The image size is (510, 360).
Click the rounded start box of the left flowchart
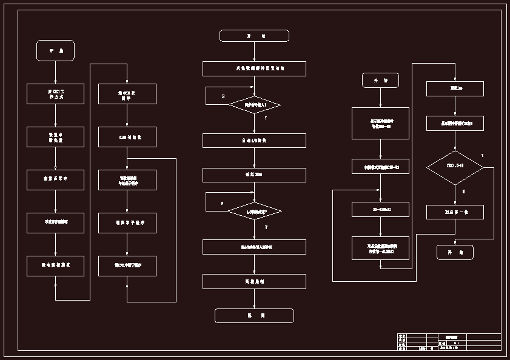tap(55, 51)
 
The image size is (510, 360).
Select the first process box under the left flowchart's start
tap(55, 94)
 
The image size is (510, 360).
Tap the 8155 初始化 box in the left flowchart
tap(127, 137)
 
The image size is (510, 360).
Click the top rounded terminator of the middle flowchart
tap(254, 36)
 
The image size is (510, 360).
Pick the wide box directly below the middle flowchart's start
tap(254, 68)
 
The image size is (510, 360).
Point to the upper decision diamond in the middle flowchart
tap(255, 105)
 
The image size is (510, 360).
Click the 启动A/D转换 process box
tap(254, 141)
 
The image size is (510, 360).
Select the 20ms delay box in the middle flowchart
tap(254, 175)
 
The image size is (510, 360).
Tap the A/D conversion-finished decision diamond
tap(255, 211)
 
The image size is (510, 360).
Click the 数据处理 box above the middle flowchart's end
tap(254, 281)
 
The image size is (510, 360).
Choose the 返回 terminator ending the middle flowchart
tap(254, 316)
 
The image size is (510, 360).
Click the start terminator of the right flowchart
tap(380, 80)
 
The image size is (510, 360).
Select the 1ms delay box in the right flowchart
tap(455, 88)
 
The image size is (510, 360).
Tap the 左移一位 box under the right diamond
tap(455, 212)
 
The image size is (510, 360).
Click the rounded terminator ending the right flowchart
tap(455, 252)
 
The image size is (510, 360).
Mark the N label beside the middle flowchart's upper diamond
tap(223, 96)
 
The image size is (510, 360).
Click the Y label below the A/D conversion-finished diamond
tap(266, 227)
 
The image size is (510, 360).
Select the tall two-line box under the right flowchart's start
tap(380, 123)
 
